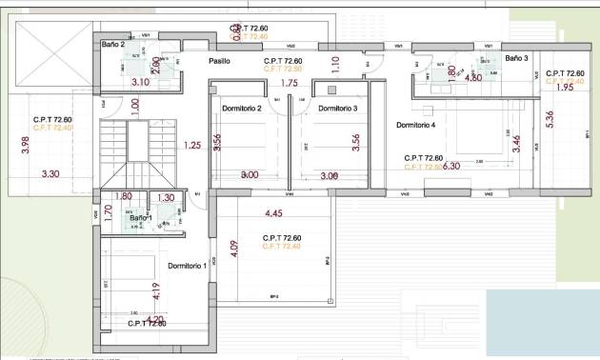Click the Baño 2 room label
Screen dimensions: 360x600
pos(113,44)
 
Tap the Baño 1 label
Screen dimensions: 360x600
pos(141,218)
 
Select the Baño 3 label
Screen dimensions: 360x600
pos(516,58)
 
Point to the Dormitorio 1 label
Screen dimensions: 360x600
pos(188,266)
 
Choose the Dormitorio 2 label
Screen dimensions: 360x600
pos(242,109)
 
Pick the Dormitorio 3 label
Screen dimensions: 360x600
pos(337,109)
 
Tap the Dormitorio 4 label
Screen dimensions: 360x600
pos(415,125)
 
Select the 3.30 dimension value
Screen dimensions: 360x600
pos(50,174)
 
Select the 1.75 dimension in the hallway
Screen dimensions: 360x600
pos(291,84)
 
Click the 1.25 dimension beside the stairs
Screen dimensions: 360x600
pos(192,146)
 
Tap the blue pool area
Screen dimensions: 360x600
pos(543,324)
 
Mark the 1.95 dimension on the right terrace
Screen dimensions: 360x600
pos(564,89)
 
